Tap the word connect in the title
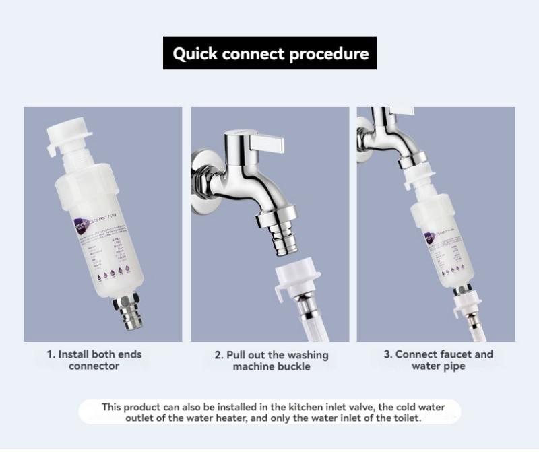click(x=257, y=54)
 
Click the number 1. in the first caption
click(x=51, y=354)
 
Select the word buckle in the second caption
click(x=295, y=367)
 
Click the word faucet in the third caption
click(x=455, y=354)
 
